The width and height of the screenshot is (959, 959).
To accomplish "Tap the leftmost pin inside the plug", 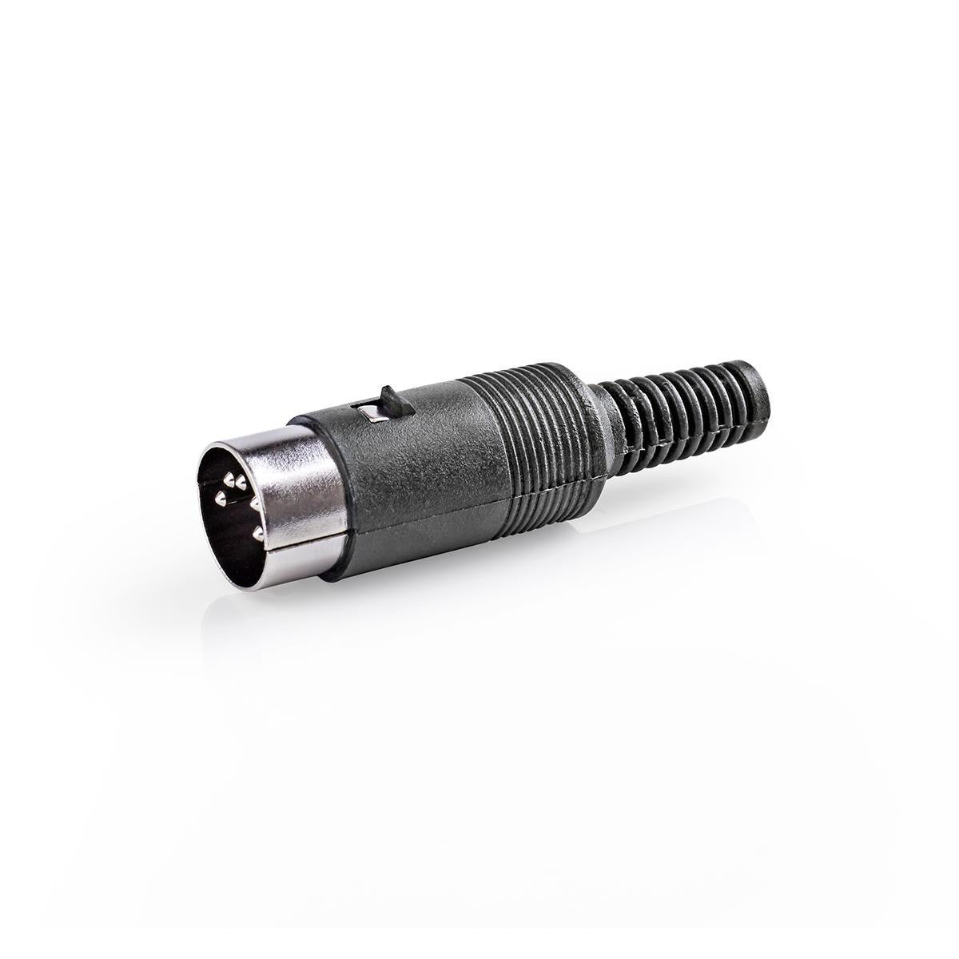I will coord(220,499).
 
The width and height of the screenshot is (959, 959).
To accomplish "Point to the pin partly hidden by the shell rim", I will coord(254,505).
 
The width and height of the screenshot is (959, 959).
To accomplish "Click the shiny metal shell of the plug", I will coord(308,479).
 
